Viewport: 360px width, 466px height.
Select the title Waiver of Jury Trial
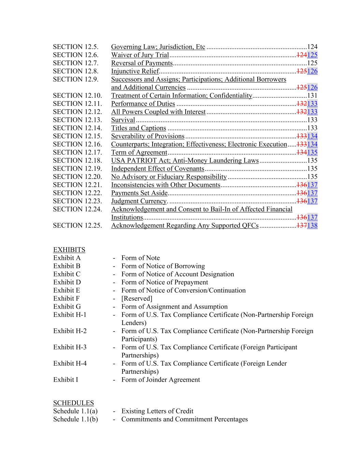140,55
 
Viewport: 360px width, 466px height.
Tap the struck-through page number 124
301,55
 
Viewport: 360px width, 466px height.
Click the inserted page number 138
312,225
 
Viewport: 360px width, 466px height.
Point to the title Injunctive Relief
135,71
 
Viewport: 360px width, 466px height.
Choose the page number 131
312,96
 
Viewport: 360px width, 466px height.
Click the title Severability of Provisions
148,136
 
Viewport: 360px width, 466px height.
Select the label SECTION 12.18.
77,160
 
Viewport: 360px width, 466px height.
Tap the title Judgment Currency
139,201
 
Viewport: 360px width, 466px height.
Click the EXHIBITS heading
69,250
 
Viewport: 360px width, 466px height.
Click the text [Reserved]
137,298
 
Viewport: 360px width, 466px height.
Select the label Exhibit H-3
70,347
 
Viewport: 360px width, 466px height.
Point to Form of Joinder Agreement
161,380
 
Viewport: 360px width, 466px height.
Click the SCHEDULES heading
73,403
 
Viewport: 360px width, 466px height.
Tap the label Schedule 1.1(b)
75,419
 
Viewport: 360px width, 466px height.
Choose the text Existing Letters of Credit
157,411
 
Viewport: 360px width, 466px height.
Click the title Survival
123,120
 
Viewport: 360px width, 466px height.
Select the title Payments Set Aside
140,193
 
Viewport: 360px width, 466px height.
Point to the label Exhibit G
67,307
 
